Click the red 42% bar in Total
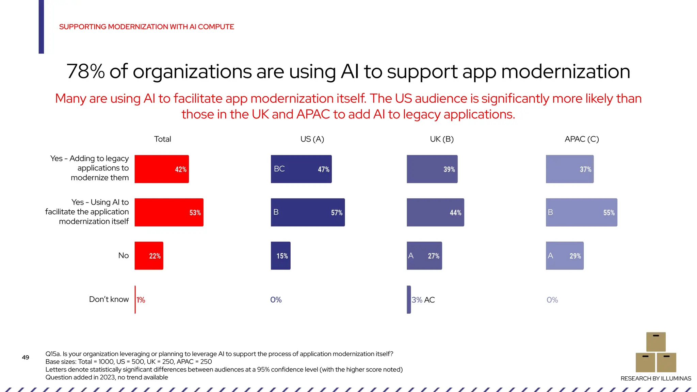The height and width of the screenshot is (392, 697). (162, 169)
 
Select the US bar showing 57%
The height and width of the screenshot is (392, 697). (308, 212)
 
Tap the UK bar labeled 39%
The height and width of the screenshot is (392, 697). (432, 169)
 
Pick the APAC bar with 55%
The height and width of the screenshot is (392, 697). (581, 212)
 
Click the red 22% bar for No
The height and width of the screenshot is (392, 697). (149, 256)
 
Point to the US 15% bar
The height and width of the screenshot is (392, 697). (280, 256)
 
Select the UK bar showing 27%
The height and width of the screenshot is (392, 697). (424, 256)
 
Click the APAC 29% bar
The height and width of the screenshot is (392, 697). (565, 256)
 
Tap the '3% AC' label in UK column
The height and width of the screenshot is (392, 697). (423, 300)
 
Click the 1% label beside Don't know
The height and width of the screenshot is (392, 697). (141, 300)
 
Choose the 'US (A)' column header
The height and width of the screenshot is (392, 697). (312, 139)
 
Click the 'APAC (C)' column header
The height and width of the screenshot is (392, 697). (582, 139)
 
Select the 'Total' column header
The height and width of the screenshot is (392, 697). (162, 139)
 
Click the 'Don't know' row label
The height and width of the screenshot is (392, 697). (109, 299)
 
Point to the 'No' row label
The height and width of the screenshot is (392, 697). (124, 255)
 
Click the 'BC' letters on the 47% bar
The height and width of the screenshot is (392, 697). (279, 169)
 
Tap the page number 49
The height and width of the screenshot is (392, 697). (26, 357)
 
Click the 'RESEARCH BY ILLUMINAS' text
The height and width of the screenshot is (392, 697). (655, 378)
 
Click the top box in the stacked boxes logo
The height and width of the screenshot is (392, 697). (656, 342)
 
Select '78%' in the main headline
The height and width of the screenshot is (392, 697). (85, 71)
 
